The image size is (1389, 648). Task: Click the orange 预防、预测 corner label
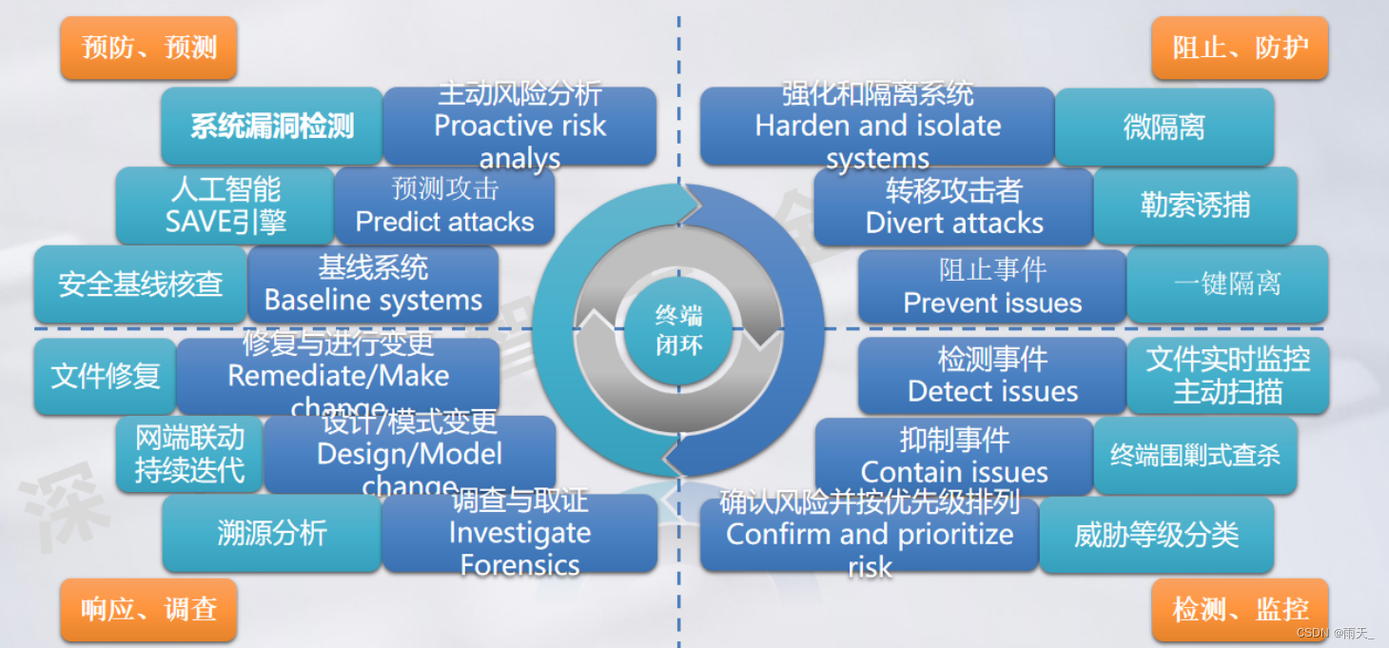tap(148, 48)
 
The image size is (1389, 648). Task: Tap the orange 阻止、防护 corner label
tap(1240, 48)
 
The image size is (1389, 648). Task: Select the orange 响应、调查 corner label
tap(148, 609)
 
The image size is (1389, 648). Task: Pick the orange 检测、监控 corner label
tap(1240, 609)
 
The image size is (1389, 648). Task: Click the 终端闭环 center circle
tap(678, 330)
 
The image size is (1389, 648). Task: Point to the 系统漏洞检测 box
tap(272, 126)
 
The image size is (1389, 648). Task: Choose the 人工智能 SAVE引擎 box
tap(225, 206)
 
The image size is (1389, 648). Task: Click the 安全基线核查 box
tap(141, 284)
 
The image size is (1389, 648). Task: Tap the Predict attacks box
tap(444, 206)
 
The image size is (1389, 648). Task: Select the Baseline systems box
tap(373, 285)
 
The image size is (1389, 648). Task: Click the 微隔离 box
tap(1164, 127)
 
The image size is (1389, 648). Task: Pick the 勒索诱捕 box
tap(1195, 206)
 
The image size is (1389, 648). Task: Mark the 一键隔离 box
tap(1227, 284)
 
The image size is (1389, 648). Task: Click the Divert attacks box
tap(953, 206)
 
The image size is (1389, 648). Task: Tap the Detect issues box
tap(992, 375)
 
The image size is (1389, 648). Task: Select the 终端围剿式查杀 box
tap(1195, 456)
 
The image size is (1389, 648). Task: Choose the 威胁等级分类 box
tap(1156, 535)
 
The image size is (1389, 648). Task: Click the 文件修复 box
tap(106, 376)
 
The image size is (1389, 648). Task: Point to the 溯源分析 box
tap(272, 533)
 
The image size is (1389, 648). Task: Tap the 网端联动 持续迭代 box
tap(189, 454)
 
